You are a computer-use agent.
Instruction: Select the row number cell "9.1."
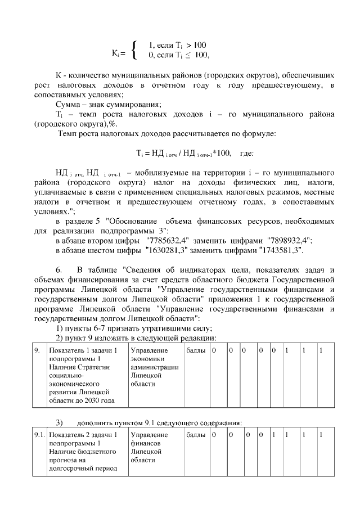pos(39,435)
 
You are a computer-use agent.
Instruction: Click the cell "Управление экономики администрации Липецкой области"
pos(154,367)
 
